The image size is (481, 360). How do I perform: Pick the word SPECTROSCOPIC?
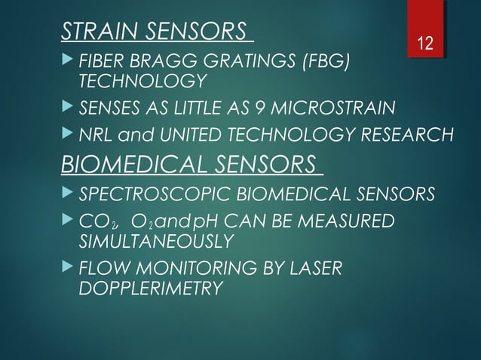point(150,194)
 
